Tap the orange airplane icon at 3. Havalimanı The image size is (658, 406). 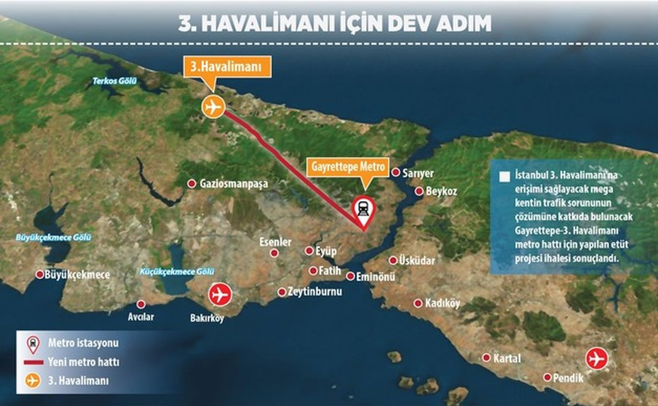pyautogui.click(x=213, y=107)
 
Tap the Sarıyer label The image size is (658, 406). pyautogui.click(x=418, y=173)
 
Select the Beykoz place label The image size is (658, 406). pyautogui.click(x=442, y=191)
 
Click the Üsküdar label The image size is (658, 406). pyautogui.click(x=418, y=260)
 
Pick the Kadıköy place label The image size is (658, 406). pyautogui.click(x=442, y=304)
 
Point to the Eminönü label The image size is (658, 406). pyautogui.click(x=375, y=276)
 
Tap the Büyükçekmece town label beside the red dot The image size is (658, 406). pyautogui.click(x=78, y=275)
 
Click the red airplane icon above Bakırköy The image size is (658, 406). pyautogui.click(x=219, y=293)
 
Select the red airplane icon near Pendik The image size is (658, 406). pyautogui.click(x=596, y=359)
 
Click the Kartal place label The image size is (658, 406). pyautogui.click(x=507, y=358)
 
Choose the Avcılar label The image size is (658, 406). pyautogui.click(x=141, y=317)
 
